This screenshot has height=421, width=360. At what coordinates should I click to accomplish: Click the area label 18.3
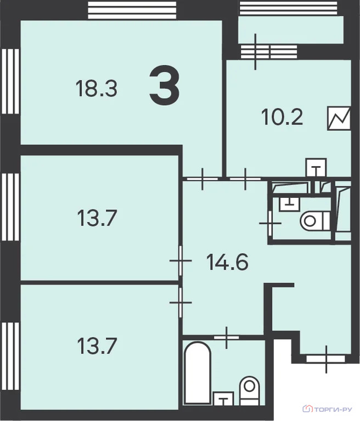(x=97, y=89)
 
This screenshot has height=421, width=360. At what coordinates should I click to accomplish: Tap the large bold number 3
(x=164, y=86)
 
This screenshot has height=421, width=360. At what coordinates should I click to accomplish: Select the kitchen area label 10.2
(x=282, y=117)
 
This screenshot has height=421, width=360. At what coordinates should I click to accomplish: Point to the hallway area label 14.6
(x=227, y=262)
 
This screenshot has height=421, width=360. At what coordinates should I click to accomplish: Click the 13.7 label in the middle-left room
(x=97, y=218)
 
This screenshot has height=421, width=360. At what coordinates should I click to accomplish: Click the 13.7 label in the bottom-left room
(x=97, y=346)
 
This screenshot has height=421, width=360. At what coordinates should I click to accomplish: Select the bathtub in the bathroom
(x=198, y=373)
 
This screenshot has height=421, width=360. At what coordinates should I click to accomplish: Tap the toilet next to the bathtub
(x=249, y=390)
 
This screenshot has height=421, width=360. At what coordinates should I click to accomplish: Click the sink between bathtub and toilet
(x=223, y=398)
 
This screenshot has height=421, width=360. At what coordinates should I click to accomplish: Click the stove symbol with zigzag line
(x=339, y=118)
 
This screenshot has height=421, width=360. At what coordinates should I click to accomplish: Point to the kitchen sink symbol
(x=317, y=167)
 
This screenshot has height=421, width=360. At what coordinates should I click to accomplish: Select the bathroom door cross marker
(x=227, y=338)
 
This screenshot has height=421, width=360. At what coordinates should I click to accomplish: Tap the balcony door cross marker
(x=255, y=52)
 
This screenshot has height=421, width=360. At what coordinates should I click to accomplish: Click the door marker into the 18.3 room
(x=202, y=179)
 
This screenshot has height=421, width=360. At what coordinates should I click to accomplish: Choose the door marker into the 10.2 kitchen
(x=245, y=179)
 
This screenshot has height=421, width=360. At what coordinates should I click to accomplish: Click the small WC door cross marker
(x=270, y=223)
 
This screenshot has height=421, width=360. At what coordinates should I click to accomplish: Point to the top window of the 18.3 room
(x=132, y=10)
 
